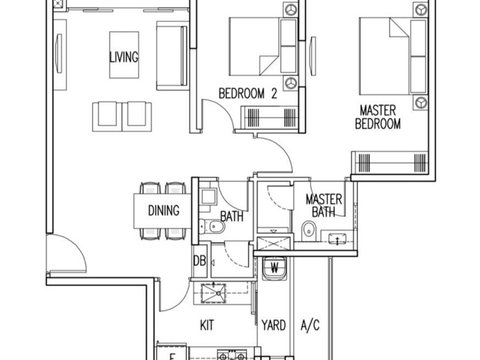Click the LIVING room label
point(124,57)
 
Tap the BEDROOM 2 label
point(248,94)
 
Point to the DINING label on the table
point(163,211)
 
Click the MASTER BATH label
point(324,206)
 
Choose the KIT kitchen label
point(208,325)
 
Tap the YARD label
point(274,325)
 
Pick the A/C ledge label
point(310,325)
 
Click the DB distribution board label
point(199,261)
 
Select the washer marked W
point(274,268)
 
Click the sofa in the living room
point(170,54)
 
